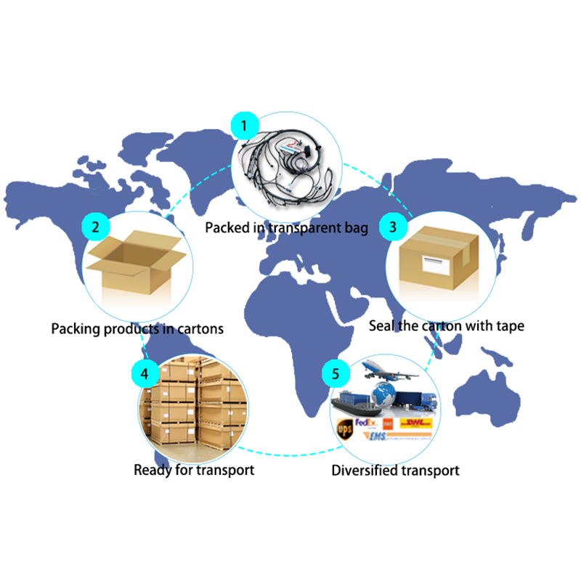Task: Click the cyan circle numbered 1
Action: click(245, 126)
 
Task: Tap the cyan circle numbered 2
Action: click(96, 227)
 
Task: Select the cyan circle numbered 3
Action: click(394, 227)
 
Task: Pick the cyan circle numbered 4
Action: click(145, 373)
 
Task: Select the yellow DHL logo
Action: click(415, 422)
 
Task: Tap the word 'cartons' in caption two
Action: click(198, 329)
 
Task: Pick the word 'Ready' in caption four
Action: click(151, 470)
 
